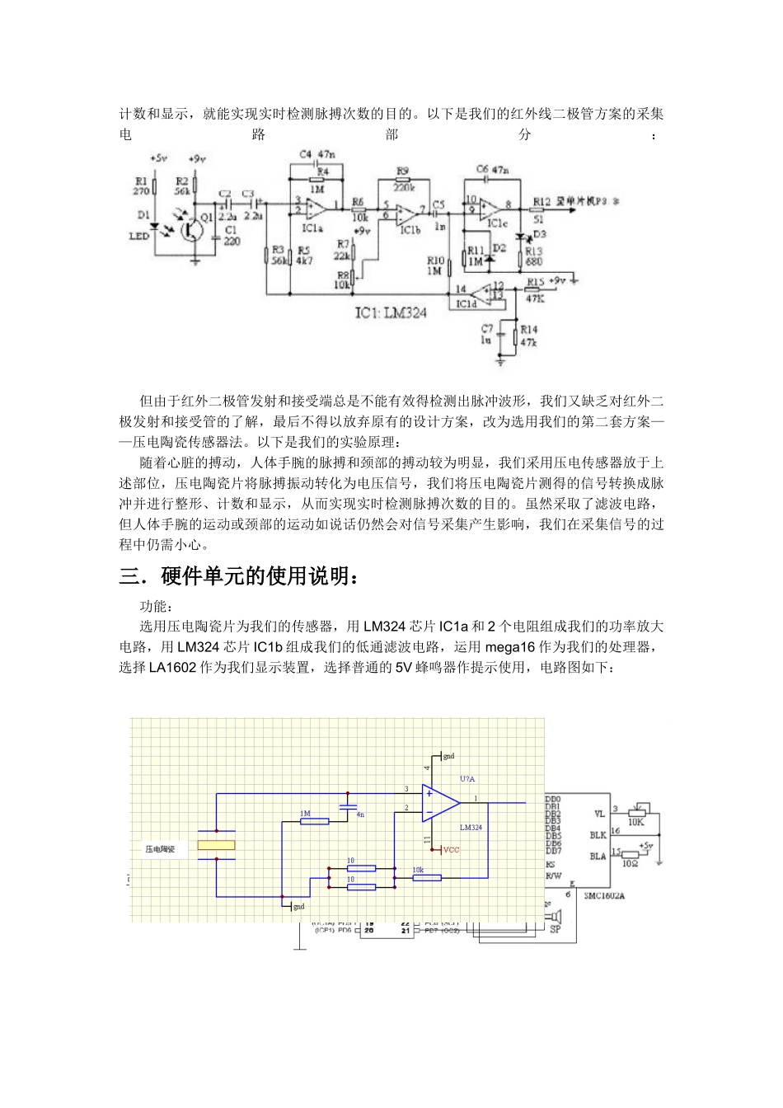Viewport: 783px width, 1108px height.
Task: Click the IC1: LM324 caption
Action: (391, 312)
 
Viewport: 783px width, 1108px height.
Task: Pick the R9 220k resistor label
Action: (404, 180)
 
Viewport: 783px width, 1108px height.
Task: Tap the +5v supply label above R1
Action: (159, 158)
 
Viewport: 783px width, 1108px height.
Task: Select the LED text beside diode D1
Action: (139, 236)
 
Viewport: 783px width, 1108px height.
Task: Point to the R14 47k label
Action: (528, 336)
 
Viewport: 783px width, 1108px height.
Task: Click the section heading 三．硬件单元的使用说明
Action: (240, 576)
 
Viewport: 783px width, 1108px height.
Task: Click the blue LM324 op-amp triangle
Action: (439, 803)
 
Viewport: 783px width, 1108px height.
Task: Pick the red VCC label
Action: (451, 850)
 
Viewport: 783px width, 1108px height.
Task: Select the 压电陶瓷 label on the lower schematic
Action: (160, 848)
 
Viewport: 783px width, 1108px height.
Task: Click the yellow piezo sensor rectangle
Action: (216, 845)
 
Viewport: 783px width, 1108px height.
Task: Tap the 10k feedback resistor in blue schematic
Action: (426, 877)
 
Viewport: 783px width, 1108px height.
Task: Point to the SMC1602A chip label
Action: (603, 896)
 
